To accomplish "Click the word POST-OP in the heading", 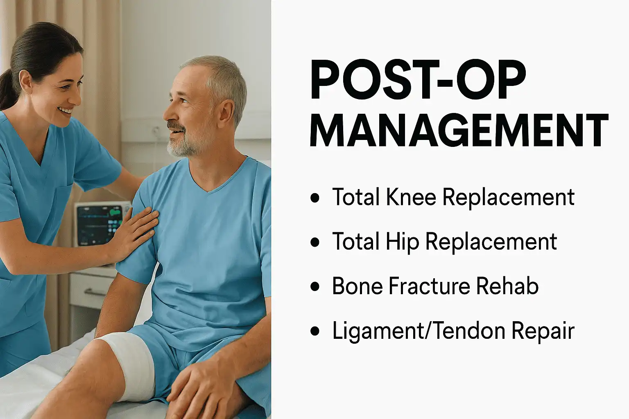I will pos(418,80).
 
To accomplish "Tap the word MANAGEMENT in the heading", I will pos(459,130).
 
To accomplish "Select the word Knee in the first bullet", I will pos(411,197).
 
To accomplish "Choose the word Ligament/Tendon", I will pos(418,331).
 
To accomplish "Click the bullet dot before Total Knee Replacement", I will pos(315,198).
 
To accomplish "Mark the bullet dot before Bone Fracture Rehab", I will pos(315,286).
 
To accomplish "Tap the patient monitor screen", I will pos(98,223).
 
